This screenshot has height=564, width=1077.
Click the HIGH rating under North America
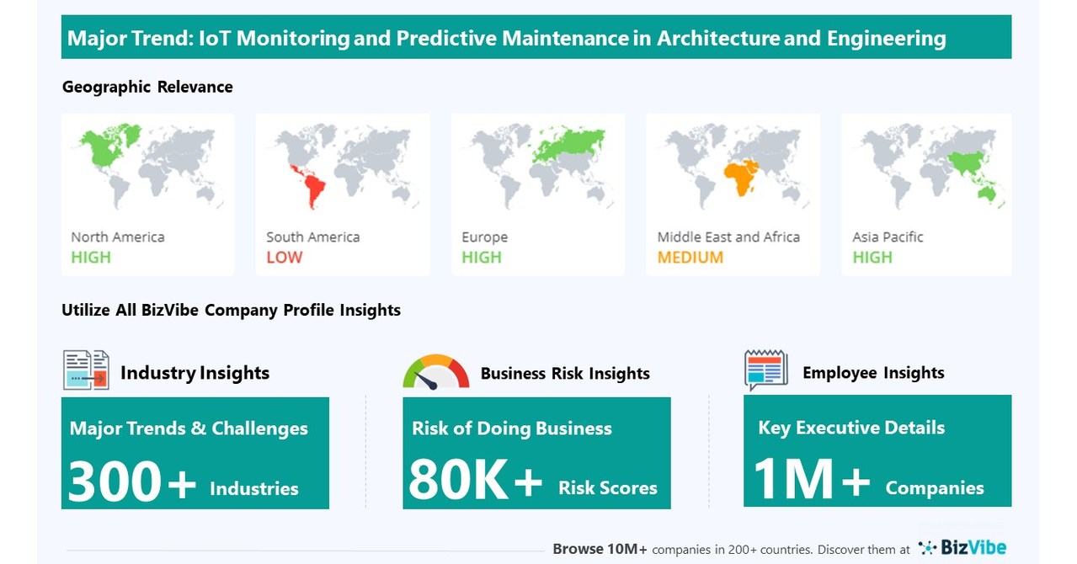(91, 258)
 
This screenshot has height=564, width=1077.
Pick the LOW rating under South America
(284, 258)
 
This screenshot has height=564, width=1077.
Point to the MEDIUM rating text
(690, 258)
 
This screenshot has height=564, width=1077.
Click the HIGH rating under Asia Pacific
(872, 258)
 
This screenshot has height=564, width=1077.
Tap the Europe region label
(484, 237)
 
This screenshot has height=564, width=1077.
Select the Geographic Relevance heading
(147, 87)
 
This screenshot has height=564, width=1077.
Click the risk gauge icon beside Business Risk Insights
(435, 373)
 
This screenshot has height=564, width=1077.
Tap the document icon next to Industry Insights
(86, 370)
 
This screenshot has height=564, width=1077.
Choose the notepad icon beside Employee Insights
(765, 370)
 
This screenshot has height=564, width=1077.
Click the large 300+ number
(131, 482)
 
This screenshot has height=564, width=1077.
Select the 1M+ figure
(811, 481)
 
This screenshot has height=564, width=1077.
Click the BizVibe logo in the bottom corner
(962, 548)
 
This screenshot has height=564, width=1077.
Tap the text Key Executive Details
(851, 428)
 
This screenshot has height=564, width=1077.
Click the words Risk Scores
(607, 488)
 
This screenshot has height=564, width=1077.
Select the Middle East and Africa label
(728, 237)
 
